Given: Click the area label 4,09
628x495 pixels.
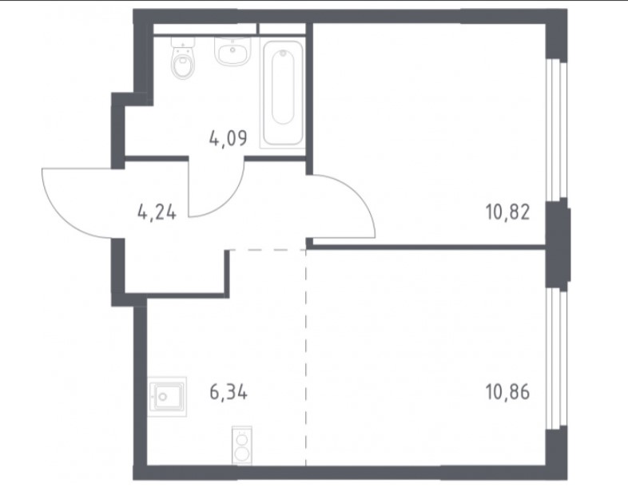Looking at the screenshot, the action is click(229, 138).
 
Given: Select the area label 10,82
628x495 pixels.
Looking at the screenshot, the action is click(508, 212).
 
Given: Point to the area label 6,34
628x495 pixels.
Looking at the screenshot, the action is click(229, 392).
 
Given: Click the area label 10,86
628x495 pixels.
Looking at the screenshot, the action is click(508, 392).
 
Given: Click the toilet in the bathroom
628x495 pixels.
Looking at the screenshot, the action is click(183, 58).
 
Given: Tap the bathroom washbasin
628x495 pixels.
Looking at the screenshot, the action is click(233, 51).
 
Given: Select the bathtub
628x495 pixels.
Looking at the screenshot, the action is click(283, 93).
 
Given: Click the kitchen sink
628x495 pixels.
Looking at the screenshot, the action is click(167, 397).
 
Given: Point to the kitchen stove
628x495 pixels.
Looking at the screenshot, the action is click(242, 445).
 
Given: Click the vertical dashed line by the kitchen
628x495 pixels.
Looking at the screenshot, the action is click(306, 358).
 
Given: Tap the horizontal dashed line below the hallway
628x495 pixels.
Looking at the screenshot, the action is click(268, 250).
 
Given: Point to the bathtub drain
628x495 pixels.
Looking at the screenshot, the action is click(283, 53).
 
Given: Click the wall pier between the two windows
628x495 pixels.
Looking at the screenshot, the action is click(558, 244).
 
